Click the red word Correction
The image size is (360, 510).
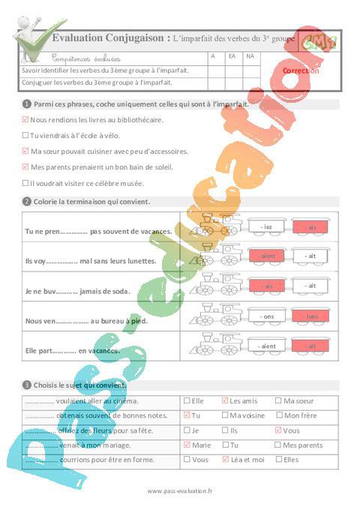[300, 70]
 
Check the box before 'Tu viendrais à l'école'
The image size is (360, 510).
[25, 135]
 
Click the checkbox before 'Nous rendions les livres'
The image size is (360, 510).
[25, 119]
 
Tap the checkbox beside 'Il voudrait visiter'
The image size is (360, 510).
[25, 182]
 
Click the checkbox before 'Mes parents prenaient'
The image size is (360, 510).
[25, 166]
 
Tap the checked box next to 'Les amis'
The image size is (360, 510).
[225, 401]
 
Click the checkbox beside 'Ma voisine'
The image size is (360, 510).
[225, 415]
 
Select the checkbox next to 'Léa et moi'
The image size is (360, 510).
[225, 459]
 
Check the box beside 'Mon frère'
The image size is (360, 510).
[280, 415]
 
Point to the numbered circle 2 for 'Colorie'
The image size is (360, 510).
[26, 201]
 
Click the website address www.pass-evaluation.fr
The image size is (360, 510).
[180, 491]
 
